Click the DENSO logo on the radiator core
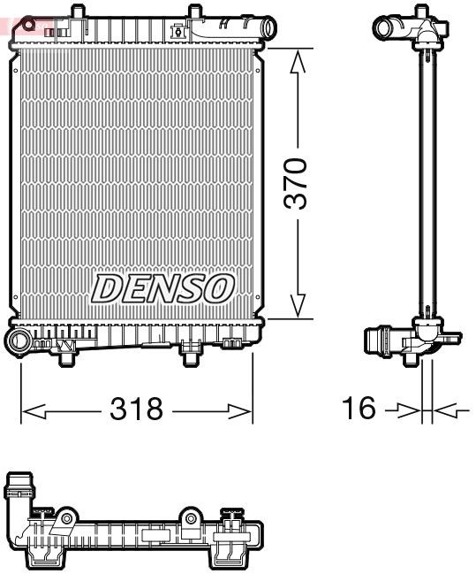163,287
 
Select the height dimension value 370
298,183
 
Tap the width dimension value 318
136,409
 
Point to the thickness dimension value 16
359,409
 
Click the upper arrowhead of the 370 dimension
298,60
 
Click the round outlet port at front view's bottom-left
20,341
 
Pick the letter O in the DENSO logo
220,287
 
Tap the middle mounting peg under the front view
191,354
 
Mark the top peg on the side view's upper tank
425,10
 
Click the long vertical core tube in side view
429,177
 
